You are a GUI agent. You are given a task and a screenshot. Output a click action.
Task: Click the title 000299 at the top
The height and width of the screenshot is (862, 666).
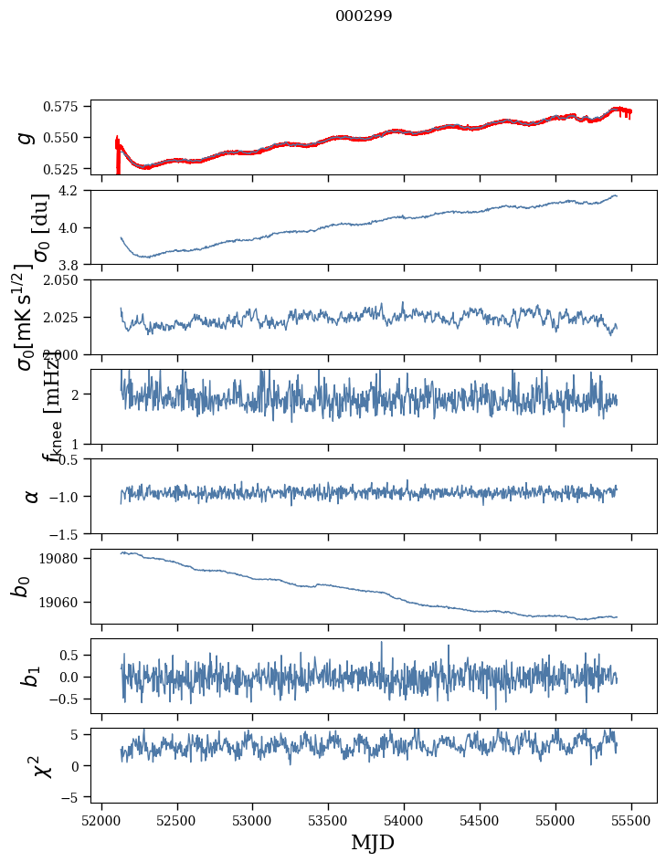[364, 16]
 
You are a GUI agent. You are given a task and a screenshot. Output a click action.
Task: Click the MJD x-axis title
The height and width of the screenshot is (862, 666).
[373, 842]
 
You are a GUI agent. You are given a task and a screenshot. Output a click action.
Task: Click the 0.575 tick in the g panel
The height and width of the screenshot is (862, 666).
[67, 107]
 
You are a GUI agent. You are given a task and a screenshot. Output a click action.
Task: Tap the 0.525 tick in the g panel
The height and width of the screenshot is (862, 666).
[67, 169]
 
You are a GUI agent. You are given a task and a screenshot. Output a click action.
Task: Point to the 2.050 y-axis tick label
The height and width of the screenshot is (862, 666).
[67, 280]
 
